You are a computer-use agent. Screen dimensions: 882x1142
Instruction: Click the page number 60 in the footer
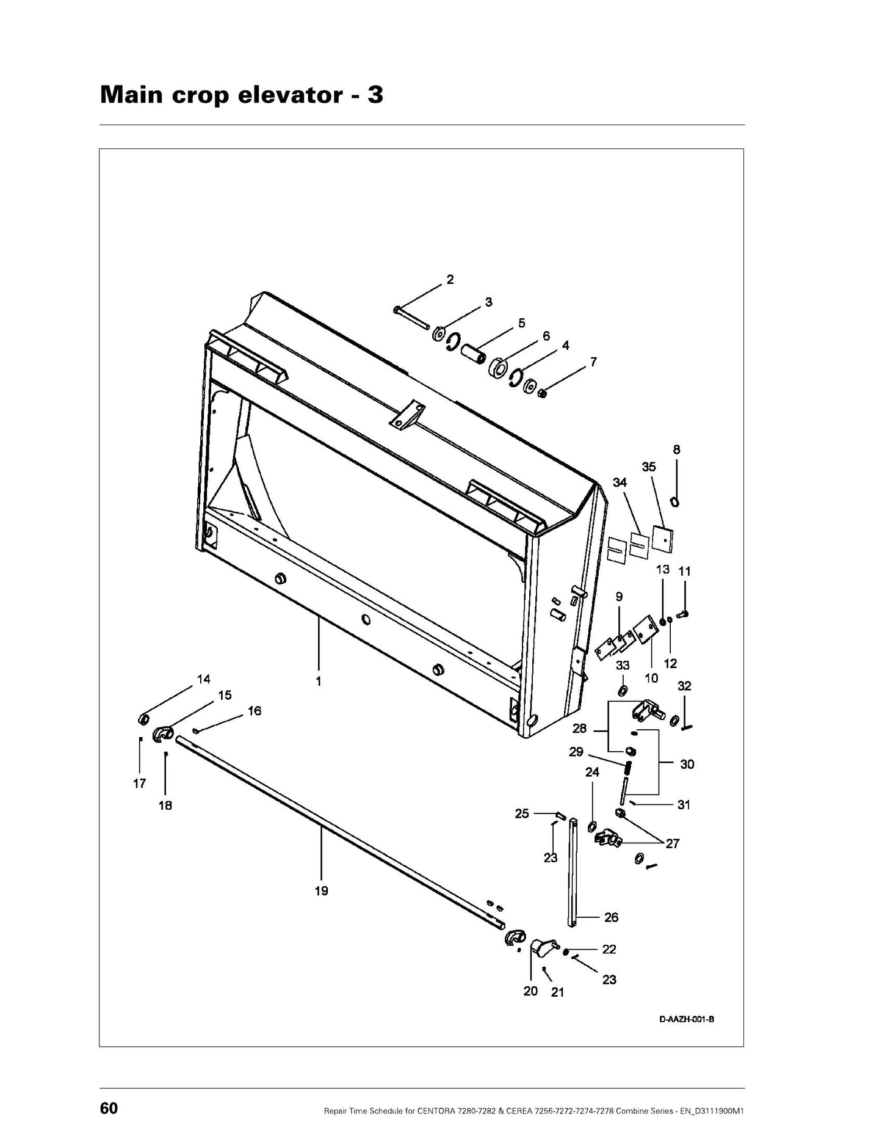109,1108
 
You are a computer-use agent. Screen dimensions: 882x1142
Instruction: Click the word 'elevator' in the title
286,95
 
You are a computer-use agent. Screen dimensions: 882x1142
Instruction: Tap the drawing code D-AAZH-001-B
687,1019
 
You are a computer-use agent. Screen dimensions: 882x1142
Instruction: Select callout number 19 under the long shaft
321,891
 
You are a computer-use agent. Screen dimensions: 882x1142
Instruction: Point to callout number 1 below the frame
318,682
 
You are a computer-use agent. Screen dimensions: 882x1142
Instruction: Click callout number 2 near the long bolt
450,280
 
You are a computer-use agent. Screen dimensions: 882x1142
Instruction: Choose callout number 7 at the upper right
593,362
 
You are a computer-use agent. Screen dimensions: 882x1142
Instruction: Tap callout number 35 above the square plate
649,467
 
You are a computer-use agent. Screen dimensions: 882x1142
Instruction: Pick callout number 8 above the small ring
676,449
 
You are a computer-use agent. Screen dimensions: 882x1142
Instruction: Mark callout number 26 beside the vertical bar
611,917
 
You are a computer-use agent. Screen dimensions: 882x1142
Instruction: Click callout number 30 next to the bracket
687,764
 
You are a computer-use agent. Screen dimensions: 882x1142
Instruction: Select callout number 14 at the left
203,679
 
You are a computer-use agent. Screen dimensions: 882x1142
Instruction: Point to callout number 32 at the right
684,686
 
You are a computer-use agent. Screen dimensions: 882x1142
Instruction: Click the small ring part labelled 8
674,502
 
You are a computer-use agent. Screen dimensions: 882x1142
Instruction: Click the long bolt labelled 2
412,318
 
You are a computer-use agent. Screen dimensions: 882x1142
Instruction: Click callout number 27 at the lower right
673,844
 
